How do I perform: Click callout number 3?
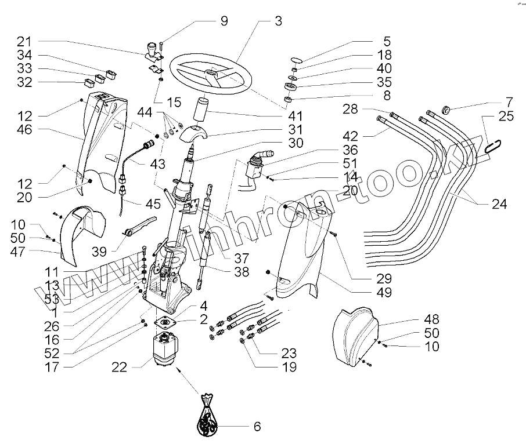coord(278,21)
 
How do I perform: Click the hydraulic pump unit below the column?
coord(169,351)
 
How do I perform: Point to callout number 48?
coord(431,319)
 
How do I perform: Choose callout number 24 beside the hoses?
coord(500,204)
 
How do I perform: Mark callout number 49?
coord(384,293)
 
